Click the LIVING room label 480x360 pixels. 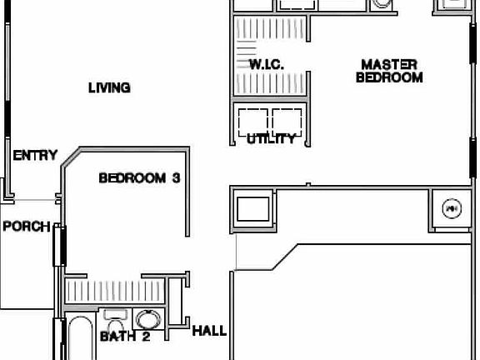click(109, 87)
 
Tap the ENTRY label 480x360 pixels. click(35, 155)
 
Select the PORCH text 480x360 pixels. click(25, 227)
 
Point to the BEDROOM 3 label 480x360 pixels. click(139, 177)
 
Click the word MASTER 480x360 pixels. click(389, 64)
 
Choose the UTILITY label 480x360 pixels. click(271, 139)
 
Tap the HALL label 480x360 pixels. click(209, 331)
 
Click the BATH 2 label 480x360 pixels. click(125, 337)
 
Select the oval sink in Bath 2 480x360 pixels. click(147, 320)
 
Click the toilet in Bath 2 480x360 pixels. click(115, 322)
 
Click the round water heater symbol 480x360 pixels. click(451, 208)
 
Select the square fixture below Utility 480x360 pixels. click(252, 207)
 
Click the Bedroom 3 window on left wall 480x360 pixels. click(59, 246)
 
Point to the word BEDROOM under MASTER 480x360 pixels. click(389, 77)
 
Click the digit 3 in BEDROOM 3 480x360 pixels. click(176, 177)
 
